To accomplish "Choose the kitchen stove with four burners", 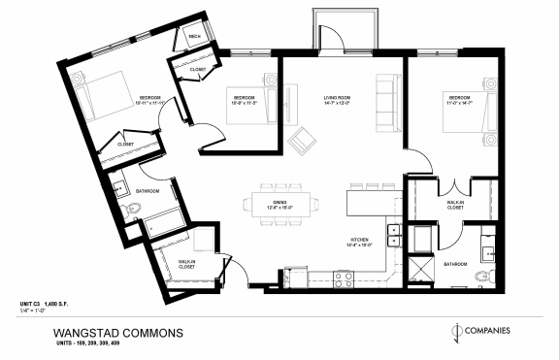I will click(x=345, y=278).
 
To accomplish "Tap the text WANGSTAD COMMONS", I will click(x=117, y=332).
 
